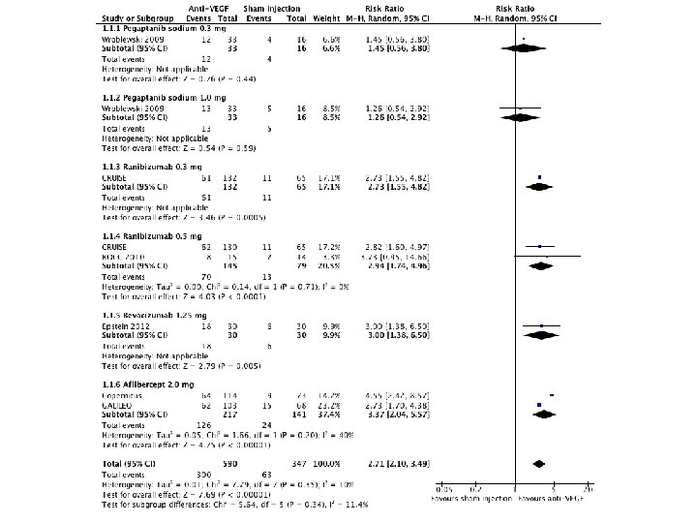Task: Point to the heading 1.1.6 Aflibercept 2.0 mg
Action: [146, 385]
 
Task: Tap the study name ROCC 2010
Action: [125, 257]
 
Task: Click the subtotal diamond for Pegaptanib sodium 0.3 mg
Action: [523, 48]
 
